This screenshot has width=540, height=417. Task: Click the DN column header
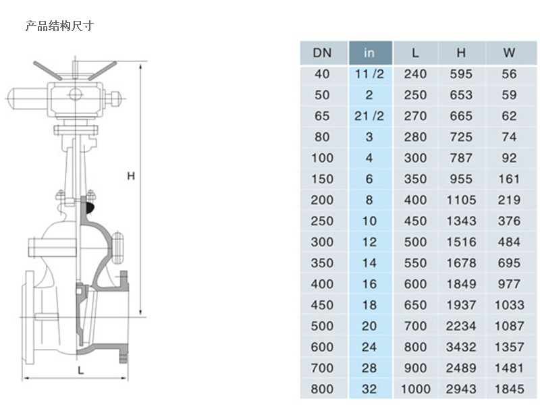[x=322, y=53]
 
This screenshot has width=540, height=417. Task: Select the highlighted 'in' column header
[x=369, y=53]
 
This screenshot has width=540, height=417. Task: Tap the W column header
[x=509, y=53]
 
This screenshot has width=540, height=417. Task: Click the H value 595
[x=461, y=74]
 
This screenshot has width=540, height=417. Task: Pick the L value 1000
[x=415, y=389]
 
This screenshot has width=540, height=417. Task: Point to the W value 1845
[x=509, y=389]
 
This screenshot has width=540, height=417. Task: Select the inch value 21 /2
[x=369, y=116]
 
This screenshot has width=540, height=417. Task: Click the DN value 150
[x=322, y=179]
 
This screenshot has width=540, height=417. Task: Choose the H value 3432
[x=461, y=347]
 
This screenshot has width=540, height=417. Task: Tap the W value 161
[x=509, y=179]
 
